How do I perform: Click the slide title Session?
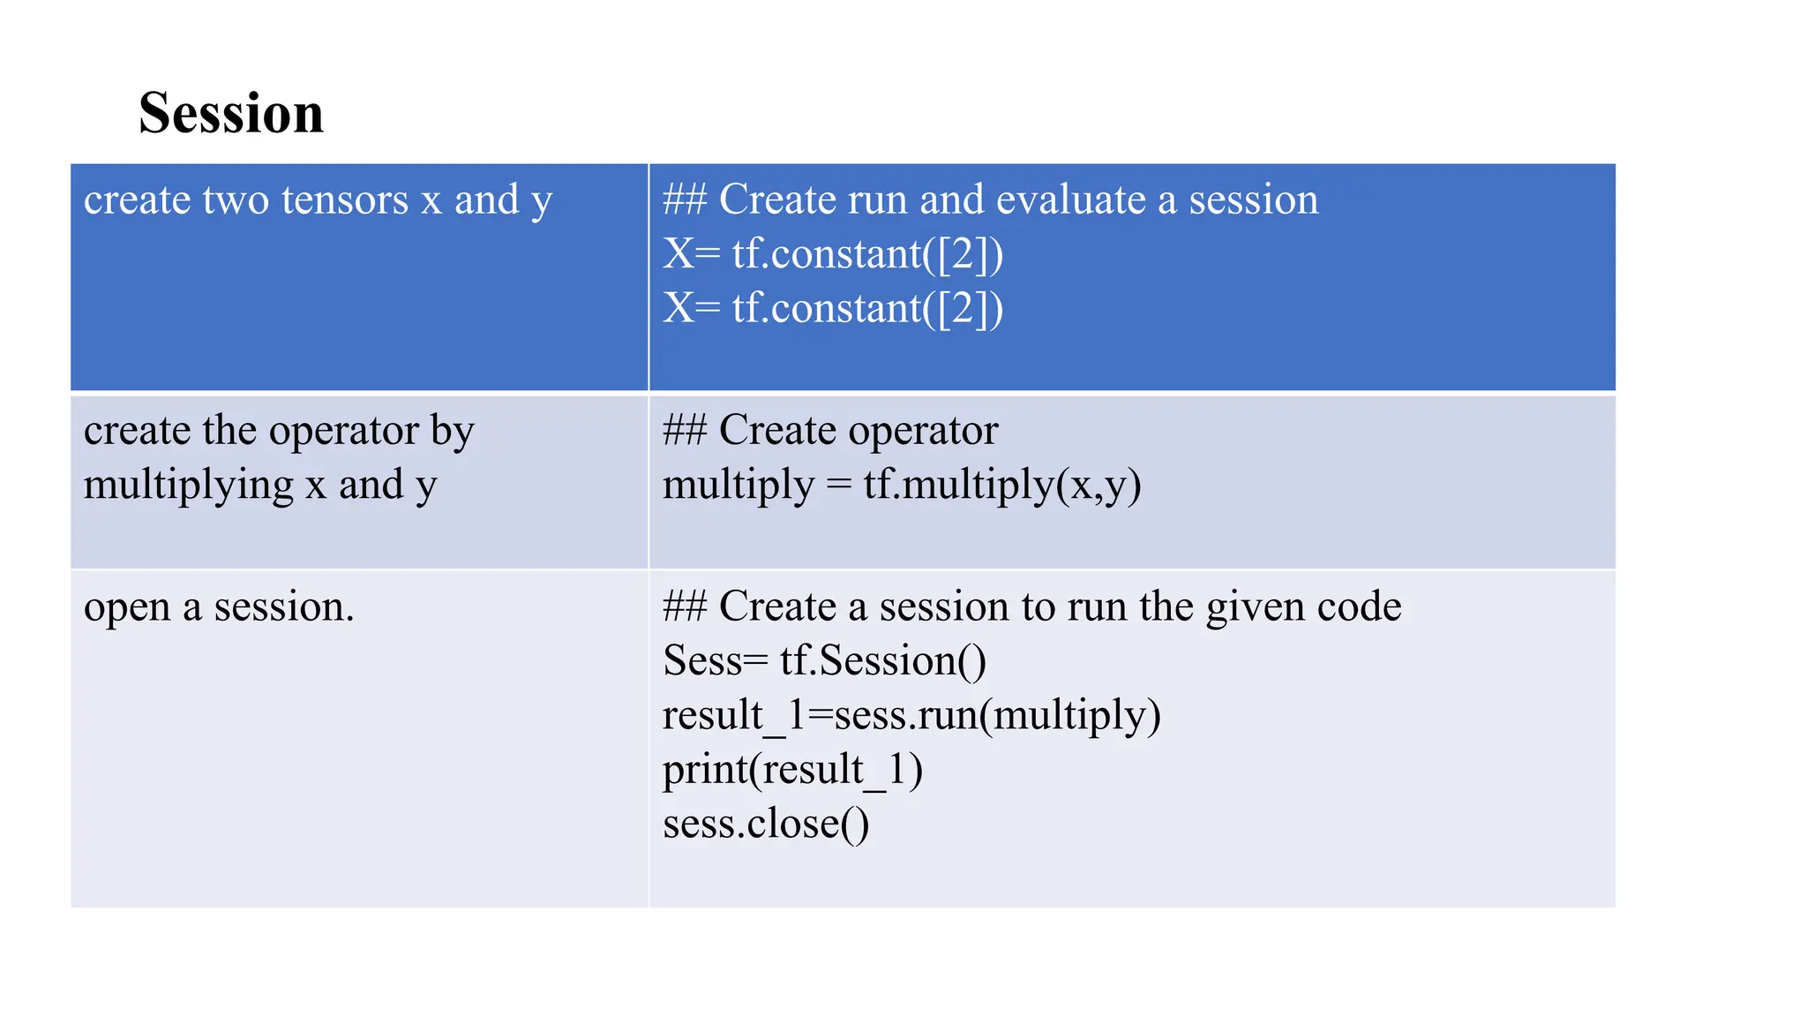(x=231, y=113)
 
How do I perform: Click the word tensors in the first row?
(x=345, y=200)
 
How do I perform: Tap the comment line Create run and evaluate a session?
(x=990, y=200)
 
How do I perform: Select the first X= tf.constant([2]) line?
(x=833, y=254)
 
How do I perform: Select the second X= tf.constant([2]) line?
(x=833, y=309)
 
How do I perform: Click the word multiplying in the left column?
(x=188, y=486)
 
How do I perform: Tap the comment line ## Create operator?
(x=829, y=431)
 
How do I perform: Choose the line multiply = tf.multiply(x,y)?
(x=901, y=486)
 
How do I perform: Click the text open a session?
(x=219, y=607)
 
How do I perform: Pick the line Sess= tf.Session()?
(x=824, y=661)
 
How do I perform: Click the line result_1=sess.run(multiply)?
(x=911, y=715)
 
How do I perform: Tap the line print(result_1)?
(x=792, y=770)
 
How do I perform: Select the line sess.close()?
(x=765, y=825)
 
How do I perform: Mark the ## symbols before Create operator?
(x=685, y=431)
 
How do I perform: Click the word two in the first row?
(x=236, y=200)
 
